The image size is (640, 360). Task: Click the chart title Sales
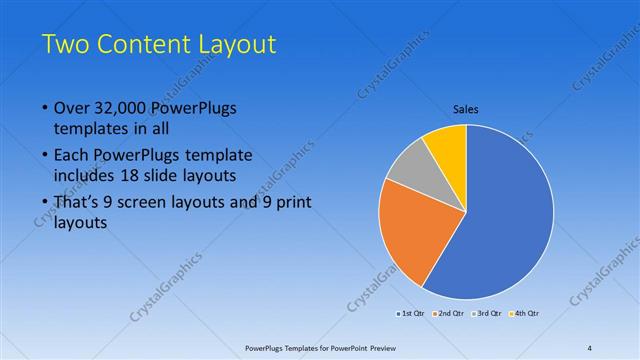(466, 109)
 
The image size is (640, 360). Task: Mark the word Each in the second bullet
(70, 156)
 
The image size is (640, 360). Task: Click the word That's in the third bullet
(76, 203)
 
